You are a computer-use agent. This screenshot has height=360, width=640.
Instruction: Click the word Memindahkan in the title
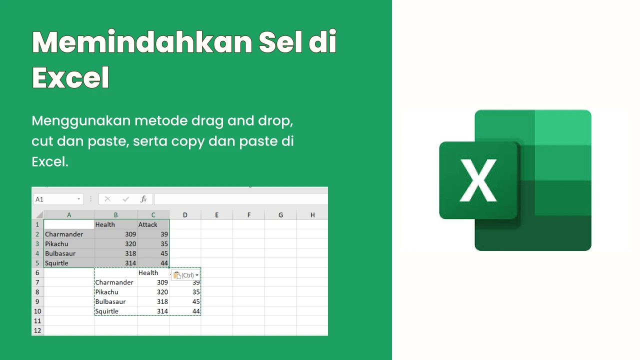click(142, 42)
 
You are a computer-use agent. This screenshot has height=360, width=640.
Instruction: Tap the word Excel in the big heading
click(70, 77)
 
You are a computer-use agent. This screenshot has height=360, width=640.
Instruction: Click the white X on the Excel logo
click(478, 180)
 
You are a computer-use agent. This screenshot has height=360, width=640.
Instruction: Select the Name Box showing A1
click(58, 199)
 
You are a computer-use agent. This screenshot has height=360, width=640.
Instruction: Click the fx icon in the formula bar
click(143, 199)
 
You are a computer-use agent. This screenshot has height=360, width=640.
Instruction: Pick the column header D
click(185, 215)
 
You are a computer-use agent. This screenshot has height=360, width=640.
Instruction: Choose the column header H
click(312, 215)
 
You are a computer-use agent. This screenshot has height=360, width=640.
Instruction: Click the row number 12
click(37, 330)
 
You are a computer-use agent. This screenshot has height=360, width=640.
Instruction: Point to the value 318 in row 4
click(130, 253)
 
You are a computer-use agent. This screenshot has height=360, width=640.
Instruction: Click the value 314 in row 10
click(162, 311)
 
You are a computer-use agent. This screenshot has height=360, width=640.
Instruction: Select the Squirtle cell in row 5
click(56, 263)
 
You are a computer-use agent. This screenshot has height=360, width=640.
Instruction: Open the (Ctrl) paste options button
click(185, 275)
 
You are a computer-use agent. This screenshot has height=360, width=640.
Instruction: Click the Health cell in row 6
click(148, 273)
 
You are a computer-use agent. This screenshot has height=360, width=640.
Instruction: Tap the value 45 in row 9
click(196, 301)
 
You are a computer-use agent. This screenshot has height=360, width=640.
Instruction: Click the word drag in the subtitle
click(207, 121)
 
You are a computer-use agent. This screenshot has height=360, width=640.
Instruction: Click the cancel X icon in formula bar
click(107, 199)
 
